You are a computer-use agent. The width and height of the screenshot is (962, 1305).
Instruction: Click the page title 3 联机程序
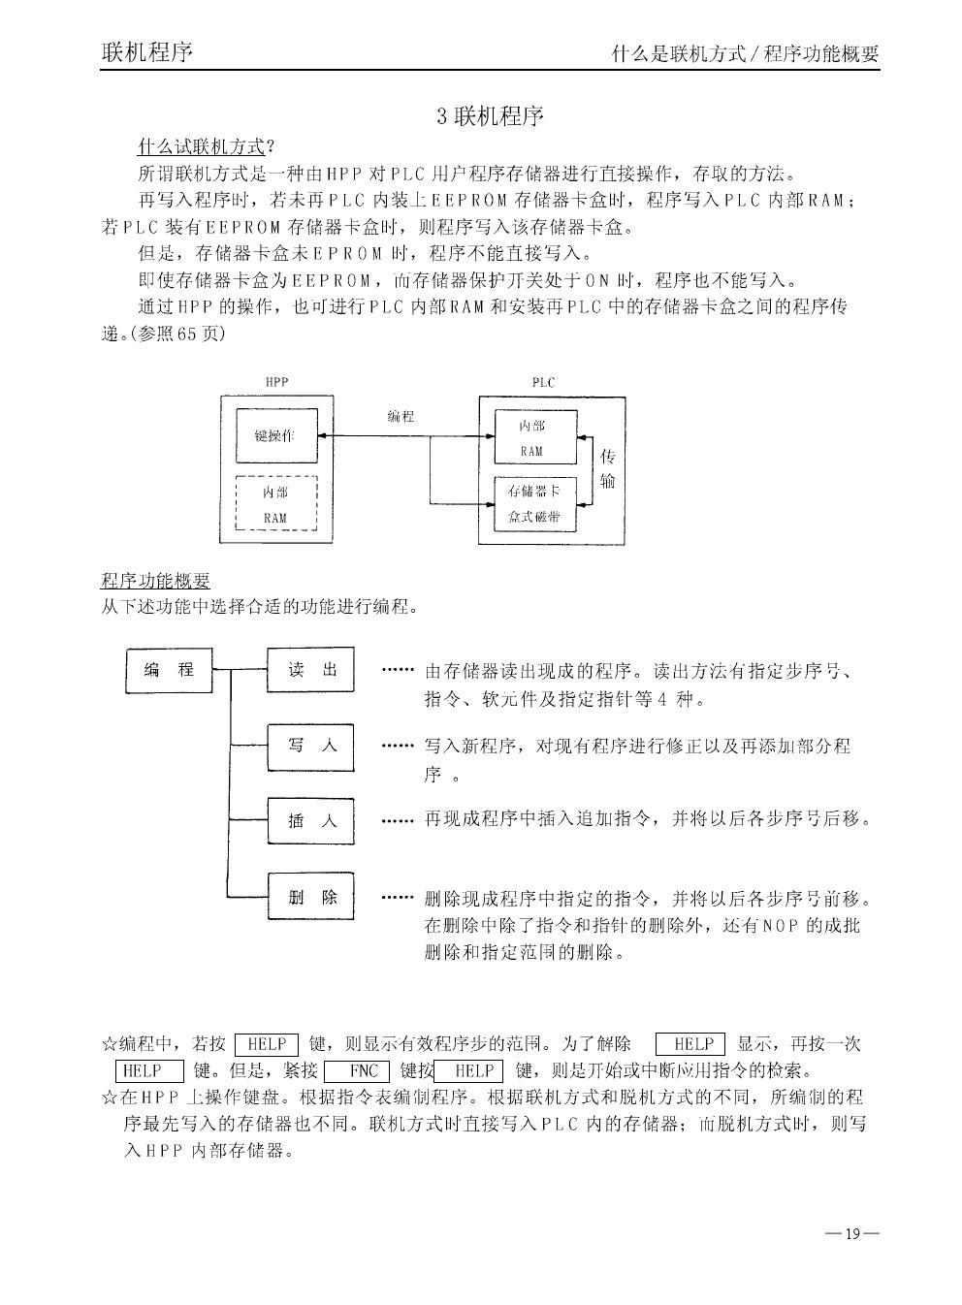point(490,117)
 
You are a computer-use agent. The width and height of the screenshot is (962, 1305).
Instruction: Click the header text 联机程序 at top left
point(146,51)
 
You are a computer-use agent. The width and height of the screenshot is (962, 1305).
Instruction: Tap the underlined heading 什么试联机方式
point(201,146)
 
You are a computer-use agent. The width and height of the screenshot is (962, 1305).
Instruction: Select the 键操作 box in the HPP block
point(275,435)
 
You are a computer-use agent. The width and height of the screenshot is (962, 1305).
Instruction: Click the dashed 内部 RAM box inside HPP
point(275,503)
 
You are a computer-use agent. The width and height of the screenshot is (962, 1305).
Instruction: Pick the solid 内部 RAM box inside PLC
point(534,437)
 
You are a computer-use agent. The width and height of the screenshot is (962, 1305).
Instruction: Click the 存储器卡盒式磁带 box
point(534,503)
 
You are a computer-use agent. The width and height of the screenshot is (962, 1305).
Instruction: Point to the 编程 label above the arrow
point(401,416)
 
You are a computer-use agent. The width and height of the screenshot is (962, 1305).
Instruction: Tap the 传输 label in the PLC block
point(608,468)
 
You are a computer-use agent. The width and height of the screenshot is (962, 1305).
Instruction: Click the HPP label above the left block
point(276,382)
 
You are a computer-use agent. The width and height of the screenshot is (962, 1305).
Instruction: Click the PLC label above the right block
point(543,382)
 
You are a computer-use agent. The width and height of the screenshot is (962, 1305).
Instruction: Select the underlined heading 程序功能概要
point(155,581)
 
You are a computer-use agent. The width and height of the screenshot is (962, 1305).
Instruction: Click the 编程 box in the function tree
point(169,670)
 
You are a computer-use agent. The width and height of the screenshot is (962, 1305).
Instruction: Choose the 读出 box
point(310,670)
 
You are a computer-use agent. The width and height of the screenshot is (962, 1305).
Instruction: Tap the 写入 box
point(310,746)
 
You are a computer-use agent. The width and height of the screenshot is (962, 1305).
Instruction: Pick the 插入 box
point(310,821)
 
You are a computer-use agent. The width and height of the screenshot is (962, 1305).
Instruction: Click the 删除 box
point(310,897)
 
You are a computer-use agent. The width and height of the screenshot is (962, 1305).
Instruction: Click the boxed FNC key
point(357,1071)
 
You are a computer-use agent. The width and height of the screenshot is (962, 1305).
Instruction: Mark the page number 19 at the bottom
point(852,1233)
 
